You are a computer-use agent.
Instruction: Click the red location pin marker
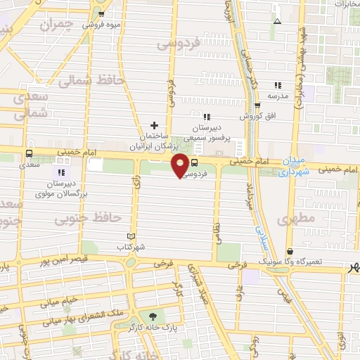click(181, 165)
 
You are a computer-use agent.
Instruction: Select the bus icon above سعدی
click(30, 153)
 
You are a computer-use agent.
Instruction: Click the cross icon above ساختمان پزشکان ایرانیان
click(154, 124)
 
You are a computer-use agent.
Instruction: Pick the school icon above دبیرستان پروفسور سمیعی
click(207, 117)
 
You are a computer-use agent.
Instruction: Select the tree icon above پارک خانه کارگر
click(153, 316)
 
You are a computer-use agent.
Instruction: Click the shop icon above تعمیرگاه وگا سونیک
click(290, 251)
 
